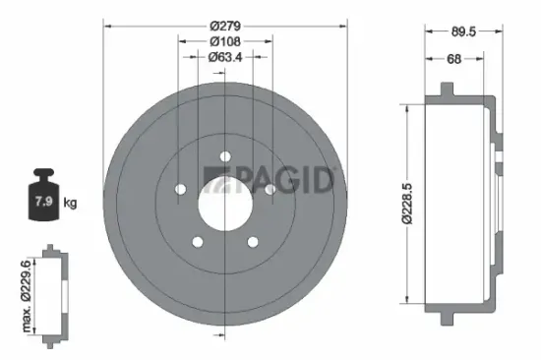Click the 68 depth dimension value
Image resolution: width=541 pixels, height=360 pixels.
click(x=453, y=60)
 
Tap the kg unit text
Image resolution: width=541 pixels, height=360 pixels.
click(x=70, y=204)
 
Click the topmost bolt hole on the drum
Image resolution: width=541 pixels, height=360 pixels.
click(x=225, y=155)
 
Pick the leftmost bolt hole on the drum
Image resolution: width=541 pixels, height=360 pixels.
click(x=181, y=190)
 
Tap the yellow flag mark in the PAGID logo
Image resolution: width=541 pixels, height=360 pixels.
click(x=210, y=177)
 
